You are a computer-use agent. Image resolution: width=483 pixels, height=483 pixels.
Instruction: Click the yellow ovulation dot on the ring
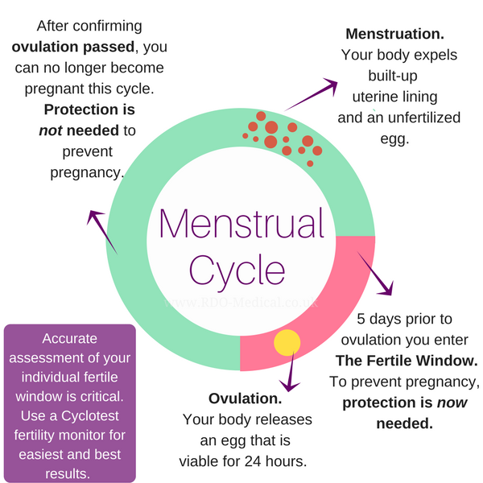[x=287, y=342]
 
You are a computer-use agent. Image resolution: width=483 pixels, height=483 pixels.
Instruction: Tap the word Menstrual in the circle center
[x=242, y=224]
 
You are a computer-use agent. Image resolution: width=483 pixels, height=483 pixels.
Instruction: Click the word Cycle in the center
[x=237, y=270]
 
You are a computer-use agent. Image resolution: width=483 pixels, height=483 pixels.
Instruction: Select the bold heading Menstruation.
[x=394, y=35]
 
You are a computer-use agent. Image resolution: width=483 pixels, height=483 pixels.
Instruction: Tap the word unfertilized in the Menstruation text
[x=422, y=118]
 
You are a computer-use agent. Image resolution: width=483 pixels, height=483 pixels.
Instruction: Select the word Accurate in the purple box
[x=69, y=339]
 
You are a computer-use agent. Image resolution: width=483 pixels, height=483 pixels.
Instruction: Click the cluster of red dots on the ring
[x=282, y=134]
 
